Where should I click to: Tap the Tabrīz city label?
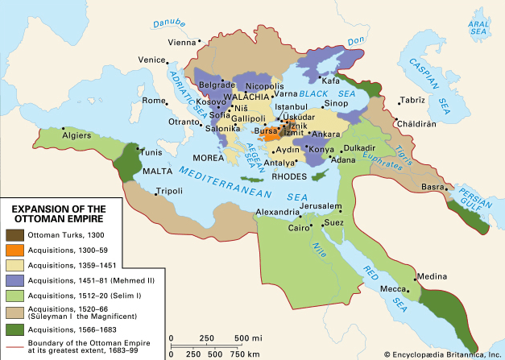[x=413, y=101]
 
